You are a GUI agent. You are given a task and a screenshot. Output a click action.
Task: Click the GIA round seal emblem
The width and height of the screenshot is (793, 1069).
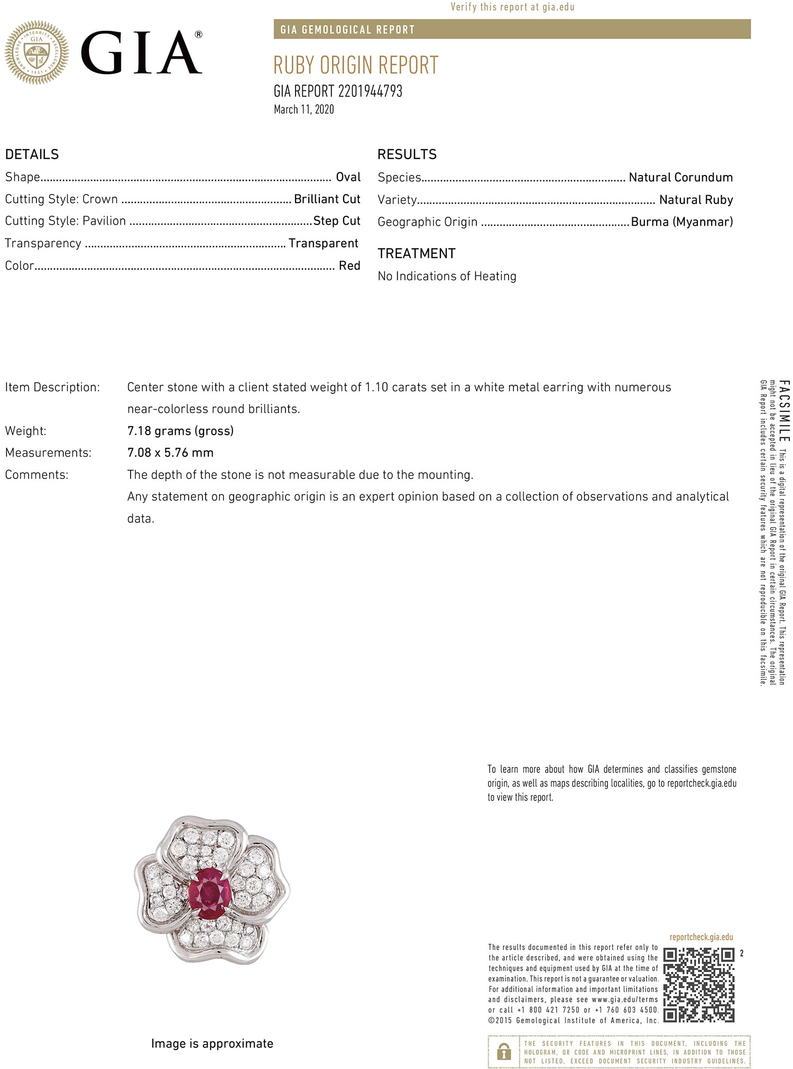point(36,52)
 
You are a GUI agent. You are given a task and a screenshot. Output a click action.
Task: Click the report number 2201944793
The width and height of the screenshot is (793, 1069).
point(370,91)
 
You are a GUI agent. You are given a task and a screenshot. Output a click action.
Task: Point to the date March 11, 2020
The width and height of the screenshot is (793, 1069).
point(303,109)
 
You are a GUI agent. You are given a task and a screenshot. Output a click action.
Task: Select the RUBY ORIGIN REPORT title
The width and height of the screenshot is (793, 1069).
point(356,66)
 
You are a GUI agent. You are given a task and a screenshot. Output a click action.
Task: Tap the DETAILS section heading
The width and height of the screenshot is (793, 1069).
point(32,154)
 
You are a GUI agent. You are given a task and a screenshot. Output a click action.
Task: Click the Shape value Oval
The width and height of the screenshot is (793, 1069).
point(348,177)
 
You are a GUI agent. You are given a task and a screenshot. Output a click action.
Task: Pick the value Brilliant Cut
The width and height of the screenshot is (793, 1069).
point(327,199)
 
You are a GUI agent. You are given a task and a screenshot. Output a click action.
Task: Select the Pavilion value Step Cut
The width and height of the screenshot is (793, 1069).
point(337,221)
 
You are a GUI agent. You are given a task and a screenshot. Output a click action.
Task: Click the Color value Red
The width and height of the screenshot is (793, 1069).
point(349,266)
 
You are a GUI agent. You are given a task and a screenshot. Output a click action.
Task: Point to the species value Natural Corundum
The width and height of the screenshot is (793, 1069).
point(680,178)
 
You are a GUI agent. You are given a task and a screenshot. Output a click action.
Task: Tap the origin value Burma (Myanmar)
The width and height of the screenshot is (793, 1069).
point(681,222)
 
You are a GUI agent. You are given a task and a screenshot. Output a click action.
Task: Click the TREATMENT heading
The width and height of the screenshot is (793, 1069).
point(416,254)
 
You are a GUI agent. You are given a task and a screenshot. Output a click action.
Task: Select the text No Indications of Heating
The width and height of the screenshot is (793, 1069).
point(447,277)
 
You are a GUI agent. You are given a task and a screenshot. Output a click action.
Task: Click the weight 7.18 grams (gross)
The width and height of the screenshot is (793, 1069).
point(180,431)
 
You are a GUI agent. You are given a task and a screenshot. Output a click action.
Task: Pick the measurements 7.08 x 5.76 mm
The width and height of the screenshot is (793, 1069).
point(170,453)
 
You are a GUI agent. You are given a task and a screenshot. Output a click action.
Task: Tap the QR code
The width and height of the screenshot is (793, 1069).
point(698,985)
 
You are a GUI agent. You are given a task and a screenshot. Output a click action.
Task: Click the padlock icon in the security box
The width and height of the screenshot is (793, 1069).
point(504,1052)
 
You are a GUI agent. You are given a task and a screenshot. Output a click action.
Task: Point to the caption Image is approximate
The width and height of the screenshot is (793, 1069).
point(212,1044)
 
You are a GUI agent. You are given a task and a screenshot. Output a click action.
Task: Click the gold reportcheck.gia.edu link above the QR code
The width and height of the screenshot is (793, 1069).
point(701,937)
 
